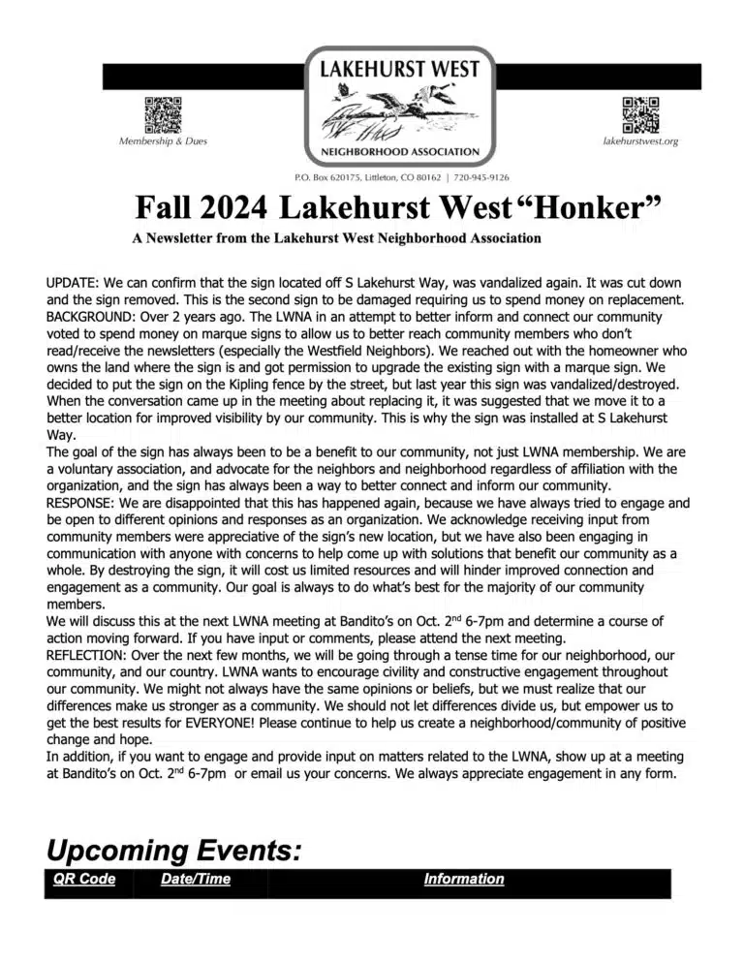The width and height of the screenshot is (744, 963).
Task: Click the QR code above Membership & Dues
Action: pyautogui.click(x=163, y=115)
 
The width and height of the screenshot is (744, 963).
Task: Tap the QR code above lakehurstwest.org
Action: pyautogui.click(x=640, y=115)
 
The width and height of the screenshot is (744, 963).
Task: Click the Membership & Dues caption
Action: pyautogui.click(x=163, y=141)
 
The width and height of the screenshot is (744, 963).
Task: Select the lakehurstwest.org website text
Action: pyautogui.click(x=640, y=141)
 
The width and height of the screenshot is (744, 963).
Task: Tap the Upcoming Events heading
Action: pyautogui.click(x=174, y=852)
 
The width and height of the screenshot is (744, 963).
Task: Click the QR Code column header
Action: pyautogui.click(x=84, y=880)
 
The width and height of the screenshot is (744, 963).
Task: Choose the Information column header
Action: pyautogui.click(x=464, y=880)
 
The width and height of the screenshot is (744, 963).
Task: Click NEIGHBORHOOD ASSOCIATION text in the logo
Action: pyautogui.click(x=399, y=152)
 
